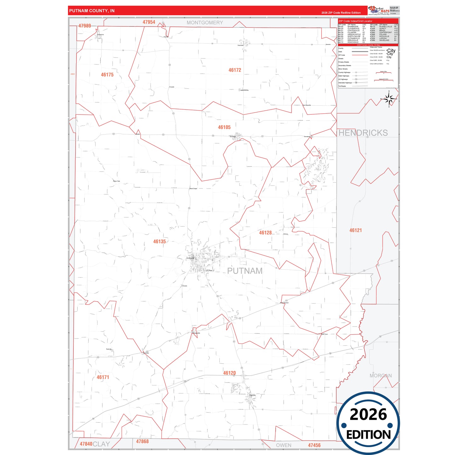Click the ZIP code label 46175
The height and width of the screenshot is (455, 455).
tap(107, 75)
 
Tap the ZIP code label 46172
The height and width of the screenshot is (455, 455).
tap(235, 70)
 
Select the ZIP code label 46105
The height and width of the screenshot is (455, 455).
tap(224, 127)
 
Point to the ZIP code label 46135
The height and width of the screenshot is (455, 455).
tap(159, 242)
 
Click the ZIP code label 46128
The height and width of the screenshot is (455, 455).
tap(265, 233)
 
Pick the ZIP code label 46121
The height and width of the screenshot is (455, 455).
tap(355, 230)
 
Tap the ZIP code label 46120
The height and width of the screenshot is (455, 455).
tap(229, 373)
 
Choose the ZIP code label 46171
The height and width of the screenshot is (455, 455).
tap(103, 377)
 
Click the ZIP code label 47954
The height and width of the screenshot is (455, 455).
tap(149, 22)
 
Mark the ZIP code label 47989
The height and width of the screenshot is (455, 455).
tap(85, 26)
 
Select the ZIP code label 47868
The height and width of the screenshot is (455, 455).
tap(142, 441)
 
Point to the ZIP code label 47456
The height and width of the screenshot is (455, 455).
tap(314, 445)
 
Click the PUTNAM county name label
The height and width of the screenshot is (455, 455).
tap(245, 271)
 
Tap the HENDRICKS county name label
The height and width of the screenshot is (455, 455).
tap(363, 133)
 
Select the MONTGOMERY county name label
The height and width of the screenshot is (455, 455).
tap(205, 23)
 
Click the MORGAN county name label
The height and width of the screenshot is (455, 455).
tap(381, 376)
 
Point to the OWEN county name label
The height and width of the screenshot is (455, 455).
tap(284, 445)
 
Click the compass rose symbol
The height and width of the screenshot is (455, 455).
tap(389, 99)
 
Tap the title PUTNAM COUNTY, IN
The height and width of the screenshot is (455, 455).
tap(92, 11)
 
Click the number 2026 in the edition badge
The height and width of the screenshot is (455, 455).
tap(368, 414)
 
